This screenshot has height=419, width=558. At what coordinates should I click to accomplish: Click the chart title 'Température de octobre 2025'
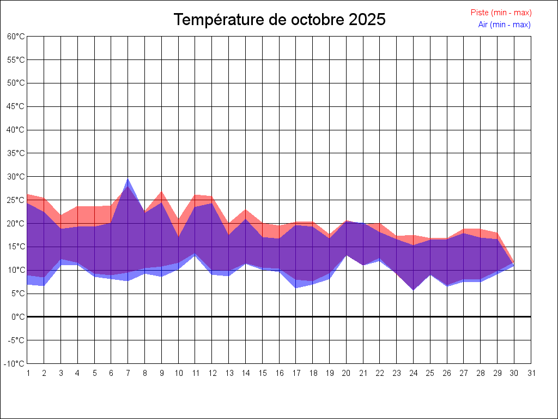pos(279,20)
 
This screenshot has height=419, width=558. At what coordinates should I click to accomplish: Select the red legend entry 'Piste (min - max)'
pos(501,13)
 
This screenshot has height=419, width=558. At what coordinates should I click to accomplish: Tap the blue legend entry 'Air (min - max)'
pos(504,25)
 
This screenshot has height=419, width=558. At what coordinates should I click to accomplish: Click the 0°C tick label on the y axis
pos(19,317)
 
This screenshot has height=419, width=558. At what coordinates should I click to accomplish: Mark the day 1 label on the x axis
pos(28,373)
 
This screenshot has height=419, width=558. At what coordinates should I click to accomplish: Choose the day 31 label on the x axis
pos(531,373)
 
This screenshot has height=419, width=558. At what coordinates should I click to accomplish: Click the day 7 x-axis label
pos(128,373)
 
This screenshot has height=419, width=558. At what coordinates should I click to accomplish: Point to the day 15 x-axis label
pos(263,373)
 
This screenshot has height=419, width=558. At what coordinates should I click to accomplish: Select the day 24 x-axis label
pos(414,373)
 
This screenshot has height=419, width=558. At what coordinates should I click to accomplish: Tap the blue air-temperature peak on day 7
pos(128,179)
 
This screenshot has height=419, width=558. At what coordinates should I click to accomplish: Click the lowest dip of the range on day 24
pos(414,290)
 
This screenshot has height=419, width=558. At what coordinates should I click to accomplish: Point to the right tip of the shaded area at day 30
pos(514,264)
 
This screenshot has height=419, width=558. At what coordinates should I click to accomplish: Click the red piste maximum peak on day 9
pos(162,191)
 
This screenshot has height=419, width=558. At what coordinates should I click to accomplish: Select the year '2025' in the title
pos(367,20)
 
